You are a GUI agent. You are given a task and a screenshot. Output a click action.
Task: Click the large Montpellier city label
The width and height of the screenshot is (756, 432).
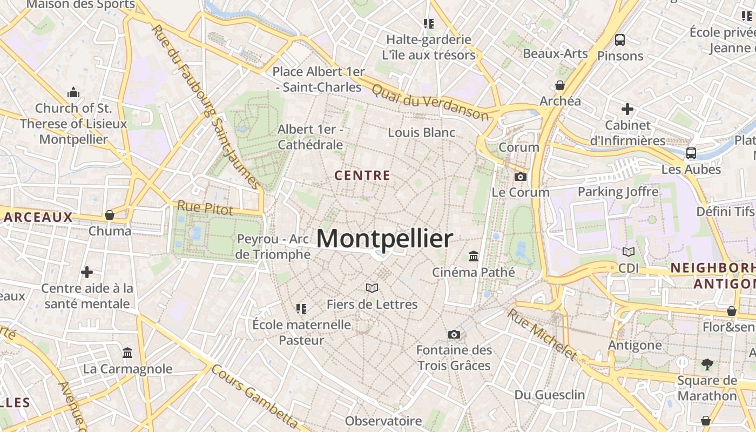[x=384, y=239]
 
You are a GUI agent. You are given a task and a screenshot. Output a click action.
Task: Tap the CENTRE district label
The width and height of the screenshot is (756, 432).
[x=362, y=175]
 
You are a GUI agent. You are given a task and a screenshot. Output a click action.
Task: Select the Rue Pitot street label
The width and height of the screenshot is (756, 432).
[x=205, y=208]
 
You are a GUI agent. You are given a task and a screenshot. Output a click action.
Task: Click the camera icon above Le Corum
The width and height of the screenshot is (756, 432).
[x=521, y=177]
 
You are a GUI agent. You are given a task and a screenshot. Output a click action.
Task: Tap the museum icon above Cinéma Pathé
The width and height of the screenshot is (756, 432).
[x=474, y=256]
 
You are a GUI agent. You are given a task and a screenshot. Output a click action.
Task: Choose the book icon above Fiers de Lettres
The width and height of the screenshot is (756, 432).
[x=372, y=288]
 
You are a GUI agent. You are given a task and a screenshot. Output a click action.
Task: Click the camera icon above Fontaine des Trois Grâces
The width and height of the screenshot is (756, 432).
[x=454, y=334]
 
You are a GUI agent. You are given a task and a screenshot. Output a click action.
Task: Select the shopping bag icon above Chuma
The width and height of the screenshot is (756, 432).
[x=110, y=215]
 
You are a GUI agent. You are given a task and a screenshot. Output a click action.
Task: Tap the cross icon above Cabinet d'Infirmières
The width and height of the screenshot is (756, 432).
[x=627, y=109]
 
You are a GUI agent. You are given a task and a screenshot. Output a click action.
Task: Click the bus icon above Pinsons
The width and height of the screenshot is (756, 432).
[x=620, y=39]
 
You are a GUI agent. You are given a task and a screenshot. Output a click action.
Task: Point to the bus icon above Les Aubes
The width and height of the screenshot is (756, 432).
[x=691, y=153]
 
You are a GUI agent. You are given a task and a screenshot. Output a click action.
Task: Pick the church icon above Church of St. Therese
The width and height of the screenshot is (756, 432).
[x=73, y=92]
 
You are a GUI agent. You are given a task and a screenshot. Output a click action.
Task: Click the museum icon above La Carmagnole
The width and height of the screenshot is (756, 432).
[x=127, y=353]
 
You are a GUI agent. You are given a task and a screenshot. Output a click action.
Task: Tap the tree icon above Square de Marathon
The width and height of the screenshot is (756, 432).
[x=707, y=364]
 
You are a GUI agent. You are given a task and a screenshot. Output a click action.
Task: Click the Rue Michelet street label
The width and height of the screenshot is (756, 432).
[x=542, y=334]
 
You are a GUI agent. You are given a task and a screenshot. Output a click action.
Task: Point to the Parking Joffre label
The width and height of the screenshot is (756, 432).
[x=618, y=192]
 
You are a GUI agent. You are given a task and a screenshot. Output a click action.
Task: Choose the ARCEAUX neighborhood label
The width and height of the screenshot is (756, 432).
[x=38, y=218]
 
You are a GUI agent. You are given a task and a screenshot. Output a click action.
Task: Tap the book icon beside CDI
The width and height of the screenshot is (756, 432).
[x=628, y=252]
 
